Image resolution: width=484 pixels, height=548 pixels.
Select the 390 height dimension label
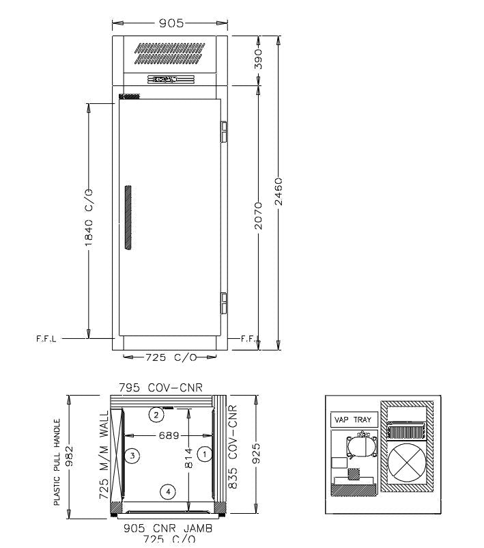pos(258,61)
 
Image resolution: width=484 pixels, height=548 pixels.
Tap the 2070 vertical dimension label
pos(258,216)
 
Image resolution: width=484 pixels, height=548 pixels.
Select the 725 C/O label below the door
pos(170,357)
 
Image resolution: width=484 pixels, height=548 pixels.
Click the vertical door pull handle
pos(126,216)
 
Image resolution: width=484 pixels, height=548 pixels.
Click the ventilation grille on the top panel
pos(170,54)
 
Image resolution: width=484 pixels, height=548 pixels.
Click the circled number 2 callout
pos(156,415)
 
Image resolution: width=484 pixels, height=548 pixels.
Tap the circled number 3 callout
pos(134,454)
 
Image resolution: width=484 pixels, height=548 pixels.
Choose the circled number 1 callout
pos(201,453)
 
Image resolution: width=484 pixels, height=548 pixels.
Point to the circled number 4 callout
pos(166,491)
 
